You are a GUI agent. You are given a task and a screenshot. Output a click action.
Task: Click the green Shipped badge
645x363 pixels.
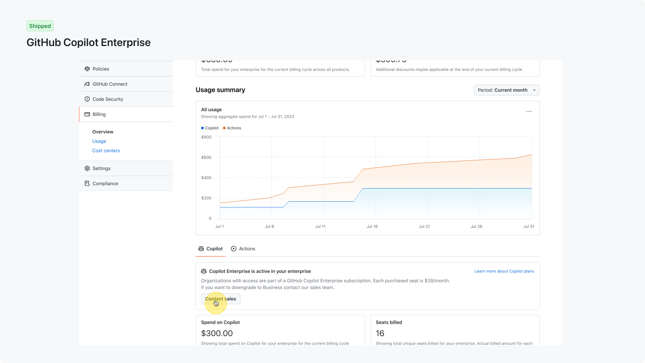(40, 26)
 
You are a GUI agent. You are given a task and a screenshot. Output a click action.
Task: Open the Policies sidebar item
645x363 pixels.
(100, 69)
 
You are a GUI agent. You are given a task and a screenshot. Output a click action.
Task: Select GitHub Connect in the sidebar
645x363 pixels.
(110, 84)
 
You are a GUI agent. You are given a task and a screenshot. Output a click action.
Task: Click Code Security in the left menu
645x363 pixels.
(107, 99)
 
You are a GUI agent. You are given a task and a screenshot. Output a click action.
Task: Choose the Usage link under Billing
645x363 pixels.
(99, 141)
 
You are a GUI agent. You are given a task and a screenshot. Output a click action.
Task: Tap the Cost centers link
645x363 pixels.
(106, 151)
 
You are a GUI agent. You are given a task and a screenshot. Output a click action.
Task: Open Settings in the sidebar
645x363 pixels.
(101, 168)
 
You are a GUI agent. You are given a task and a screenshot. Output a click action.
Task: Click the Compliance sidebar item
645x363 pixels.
(105, 184)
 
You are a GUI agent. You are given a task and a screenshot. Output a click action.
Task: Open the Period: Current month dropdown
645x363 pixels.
(506, 90)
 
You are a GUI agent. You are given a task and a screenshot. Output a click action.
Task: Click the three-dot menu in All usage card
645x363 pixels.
(529, 111)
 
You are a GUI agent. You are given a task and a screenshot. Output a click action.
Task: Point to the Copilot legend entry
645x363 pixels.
(210, 128)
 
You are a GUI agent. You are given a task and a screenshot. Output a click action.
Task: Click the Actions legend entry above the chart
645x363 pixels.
(232, 128)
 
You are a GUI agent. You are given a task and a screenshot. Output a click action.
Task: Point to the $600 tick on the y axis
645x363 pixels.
(206, 157)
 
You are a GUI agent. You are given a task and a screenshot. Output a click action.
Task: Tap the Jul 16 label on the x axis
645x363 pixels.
(372, 227)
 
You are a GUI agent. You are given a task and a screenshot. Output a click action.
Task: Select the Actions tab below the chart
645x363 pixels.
(243, 249)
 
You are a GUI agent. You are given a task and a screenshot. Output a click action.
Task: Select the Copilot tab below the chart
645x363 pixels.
(211, 249)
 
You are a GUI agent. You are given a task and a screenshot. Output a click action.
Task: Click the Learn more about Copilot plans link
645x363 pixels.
(504, 271)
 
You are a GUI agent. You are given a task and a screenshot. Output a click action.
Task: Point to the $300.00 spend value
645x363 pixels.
(217, 333)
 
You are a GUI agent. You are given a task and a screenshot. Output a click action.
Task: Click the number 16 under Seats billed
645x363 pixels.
(380, 333)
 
